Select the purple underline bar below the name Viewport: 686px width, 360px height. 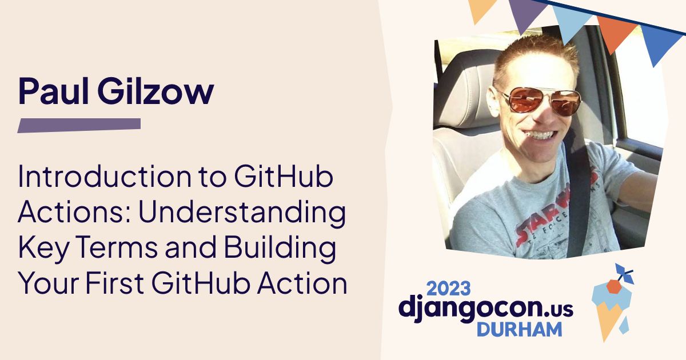pos(79,125)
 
